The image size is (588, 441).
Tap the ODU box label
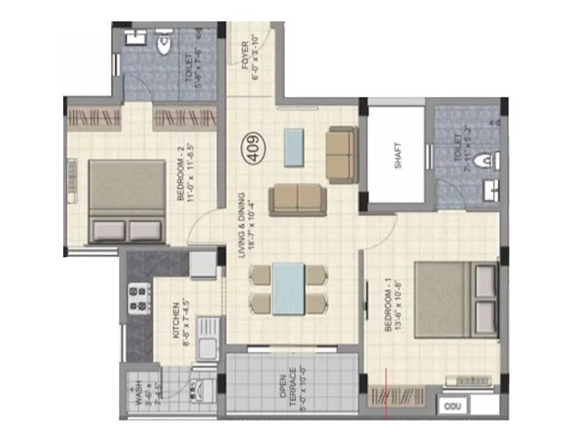tap(451, 405)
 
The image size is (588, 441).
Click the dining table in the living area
tap(288, 289)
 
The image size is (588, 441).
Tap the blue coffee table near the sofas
tap(293, 148)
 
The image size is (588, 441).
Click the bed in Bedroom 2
tap(126, 201)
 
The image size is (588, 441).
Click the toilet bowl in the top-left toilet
tap(165, 47)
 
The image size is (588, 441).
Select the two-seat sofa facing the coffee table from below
tap(296, 199)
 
